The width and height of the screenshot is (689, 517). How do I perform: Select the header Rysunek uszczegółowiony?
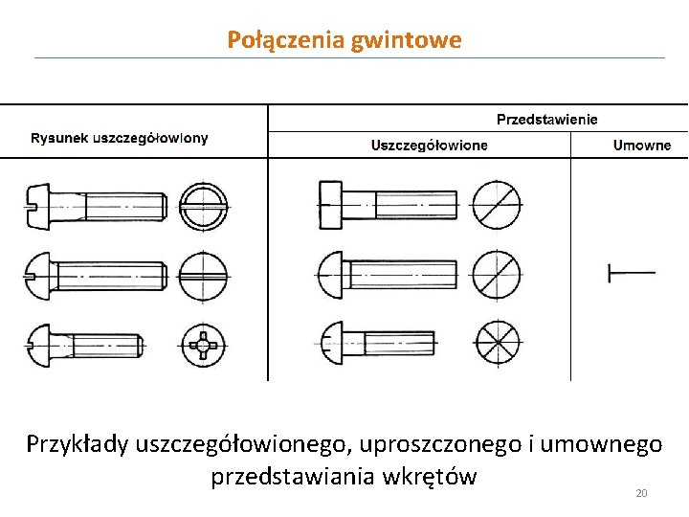tap(120, 138)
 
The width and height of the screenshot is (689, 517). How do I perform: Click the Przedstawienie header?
tap(546, 120)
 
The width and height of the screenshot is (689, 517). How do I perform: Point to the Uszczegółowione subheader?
tap(429, 146)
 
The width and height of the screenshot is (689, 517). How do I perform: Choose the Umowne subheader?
tap(641, 146)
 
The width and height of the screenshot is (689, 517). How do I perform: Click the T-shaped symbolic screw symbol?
tap(630, 273)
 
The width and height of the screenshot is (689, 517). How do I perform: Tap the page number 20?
tap(641, 493)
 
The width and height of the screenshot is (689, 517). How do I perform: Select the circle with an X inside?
tap(497, 342)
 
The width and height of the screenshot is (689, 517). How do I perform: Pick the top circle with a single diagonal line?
tap(498, 204)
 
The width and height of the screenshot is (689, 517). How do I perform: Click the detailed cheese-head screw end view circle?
tap(205, 205)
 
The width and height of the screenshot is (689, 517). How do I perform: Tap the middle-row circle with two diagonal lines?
tap(497, 274)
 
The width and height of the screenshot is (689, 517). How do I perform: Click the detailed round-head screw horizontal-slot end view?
tap(204, 276)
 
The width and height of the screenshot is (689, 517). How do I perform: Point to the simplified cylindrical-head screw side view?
tap(389, 205)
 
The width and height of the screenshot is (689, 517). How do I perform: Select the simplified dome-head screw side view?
tap(388, 274)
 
